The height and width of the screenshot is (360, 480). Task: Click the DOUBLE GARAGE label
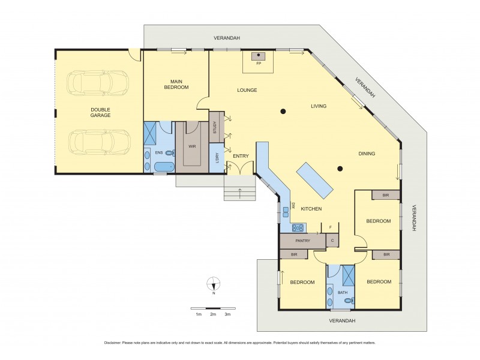click(100, 112)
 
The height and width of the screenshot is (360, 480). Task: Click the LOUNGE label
click(247, 91)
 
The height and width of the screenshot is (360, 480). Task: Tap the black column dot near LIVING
click(283, 110)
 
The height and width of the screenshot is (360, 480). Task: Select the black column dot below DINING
click(340, 169)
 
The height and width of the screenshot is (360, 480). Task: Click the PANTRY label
click(303, 241)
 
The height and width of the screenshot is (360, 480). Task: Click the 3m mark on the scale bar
click(227, 314)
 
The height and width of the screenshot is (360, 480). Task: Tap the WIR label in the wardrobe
click(192, 146)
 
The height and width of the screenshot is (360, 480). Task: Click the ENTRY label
click(241, 156)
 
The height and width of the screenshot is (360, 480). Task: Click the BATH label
click(343, 293)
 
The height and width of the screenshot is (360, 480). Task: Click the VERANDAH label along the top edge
click(227, 38)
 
